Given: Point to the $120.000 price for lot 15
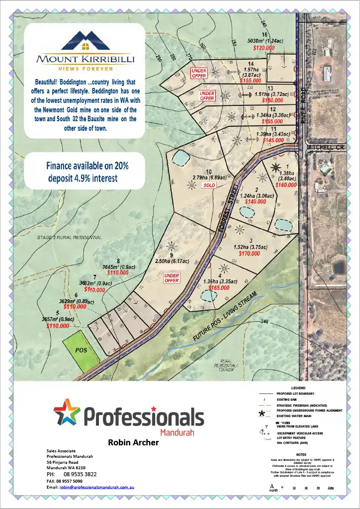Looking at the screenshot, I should (264, 48).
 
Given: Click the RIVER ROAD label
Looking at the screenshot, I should (304, 105).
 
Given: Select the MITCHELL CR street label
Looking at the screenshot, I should (325, 148).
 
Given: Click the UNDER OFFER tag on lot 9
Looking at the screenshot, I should (172, 278).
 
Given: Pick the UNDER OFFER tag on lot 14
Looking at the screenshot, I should (199, 73).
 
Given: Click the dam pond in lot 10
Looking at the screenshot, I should (180, 158).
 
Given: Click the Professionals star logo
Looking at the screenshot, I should (67, 412).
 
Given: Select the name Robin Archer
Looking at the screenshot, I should (133, 442).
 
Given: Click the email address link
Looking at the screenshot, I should (97, 487).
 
